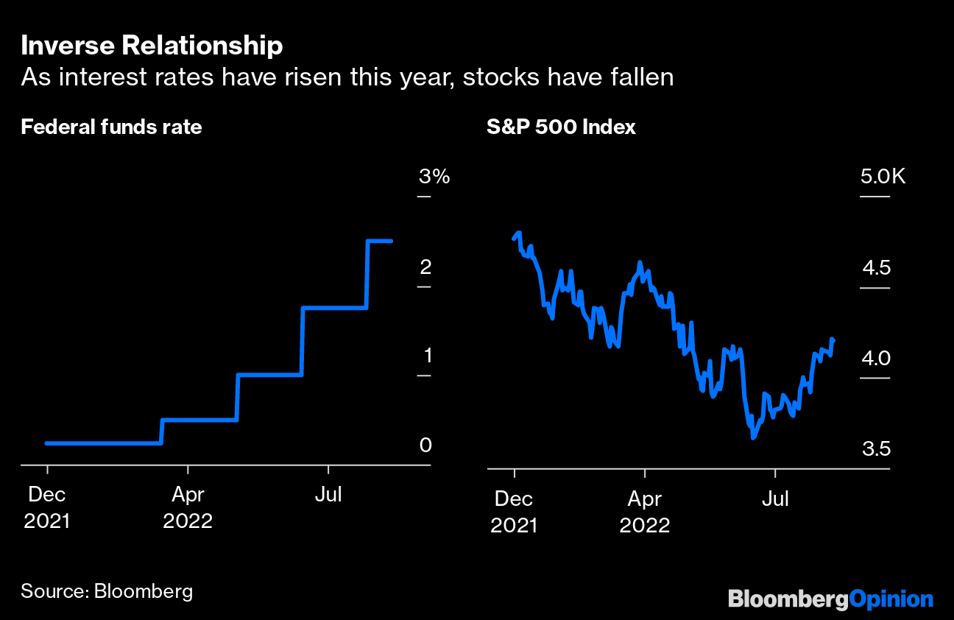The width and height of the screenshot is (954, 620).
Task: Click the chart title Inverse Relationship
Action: (x=152, y=46)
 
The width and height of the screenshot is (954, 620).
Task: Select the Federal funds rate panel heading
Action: (x=111, y=127)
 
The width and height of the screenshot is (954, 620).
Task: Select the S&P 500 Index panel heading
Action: (x=561, y=127)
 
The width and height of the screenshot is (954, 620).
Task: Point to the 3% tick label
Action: (x=434, y=177)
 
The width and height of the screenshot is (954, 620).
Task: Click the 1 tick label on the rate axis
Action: (x=428, y=356)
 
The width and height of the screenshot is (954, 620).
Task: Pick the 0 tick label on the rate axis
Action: (x=425, y=445)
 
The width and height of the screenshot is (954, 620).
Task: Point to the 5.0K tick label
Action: (x=883, y=177)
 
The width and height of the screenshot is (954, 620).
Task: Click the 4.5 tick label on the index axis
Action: (x=876, y=267)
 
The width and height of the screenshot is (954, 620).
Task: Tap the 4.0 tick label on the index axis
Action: (x=875, y=357)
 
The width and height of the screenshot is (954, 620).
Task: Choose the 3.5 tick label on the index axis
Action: (x=875, y=448)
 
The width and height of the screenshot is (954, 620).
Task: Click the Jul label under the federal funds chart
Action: (x=328, y=496)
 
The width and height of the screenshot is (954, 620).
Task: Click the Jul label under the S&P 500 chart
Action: (x=774, y=499)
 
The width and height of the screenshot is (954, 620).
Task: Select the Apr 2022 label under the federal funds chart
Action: (x=188, y=508)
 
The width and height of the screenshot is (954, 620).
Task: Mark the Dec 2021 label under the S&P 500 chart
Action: (x=514, y=512)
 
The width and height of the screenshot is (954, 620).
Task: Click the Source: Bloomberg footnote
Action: (x=107, y=591)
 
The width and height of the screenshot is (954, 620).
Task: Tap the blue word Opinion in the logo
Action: (x=891, y=599)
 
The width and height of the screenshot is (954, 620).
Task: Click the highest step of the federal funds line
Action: (x=379, y=241)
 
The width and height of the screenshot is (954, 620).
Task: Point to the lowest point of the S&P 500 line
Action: (x=753, y=437)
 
